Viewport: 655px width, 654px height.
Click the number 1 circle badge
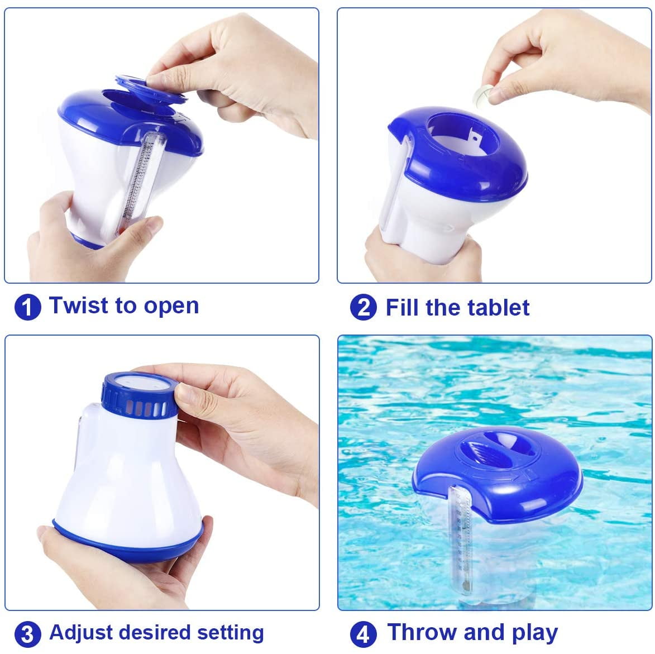[x=27, y=307]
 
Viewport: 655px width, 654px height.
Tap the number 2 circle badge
[x=363, y=308]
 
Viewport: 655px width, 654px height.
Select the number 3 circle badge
[x=27, y=634]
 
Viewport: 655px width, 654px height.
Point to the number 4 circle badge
[x=363, y=634]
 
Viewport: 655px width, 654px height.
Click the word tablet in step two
[x=499, y=308]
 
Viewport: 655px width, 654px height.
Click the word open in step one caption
[x=171, y=307]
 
